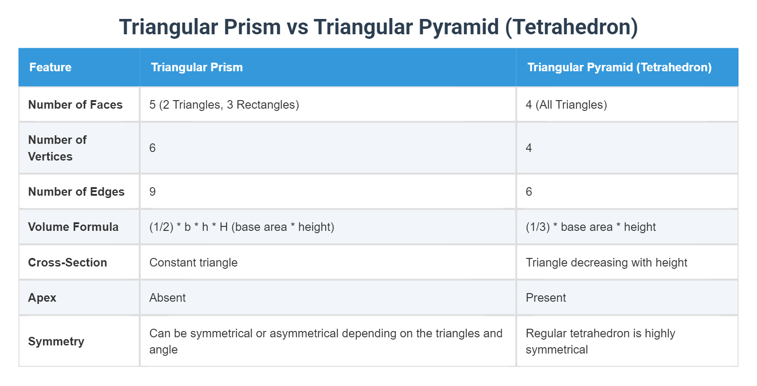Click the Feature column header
pyautogui.click(x=50, y=67)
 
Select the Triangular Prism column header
pyautogui.click(x=197, y=67)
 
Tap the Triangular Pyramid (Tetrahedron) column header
pyautogui.click(x=619, y=67)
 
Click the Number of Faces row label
pyautogui.click(x=75, y=105)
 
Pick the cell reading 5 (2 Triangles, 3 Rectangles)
pyautogui.click(x=224, y=105)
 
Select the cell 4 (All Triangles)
pyautogui.click(x=566, y=105)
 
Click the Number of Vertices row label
pyautogui.click(x=57, y=148)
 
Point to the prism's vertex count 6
pyautogui.click(x=152, y=148)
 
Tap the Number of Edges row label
pyautogui.click(x=76, y=192)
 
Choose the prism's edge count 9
pyautogui.click(x=152, y=192)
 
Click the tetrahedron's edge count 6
pyautogui.click(x=529, y=192)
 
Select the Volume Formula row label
pyautogui.click(x=73, y=227)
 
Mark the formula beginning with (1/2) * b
pyautogui.click(x=242, y=227)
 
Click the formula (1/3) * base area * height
pyautogui.click(x=590, y=227)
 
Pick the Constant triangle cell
pyautogui.click(x=193, y=262)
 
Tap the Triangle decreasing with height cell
pyautogui.click(x=606, y=262)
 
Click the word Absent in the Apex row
pyautogui.click(x=167, y=298)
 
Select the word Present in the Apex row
pyautogui.click(x=546, y=298)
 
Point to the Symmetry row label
pyautogui.click(x=56, y=341)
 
